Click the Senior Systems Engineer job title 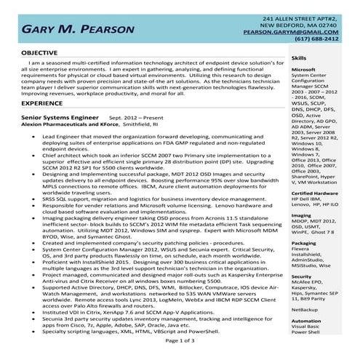pyautogui.click(x=60, y=116)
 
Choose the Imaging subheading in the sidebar pyautogui.click(x=301, y=195)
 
